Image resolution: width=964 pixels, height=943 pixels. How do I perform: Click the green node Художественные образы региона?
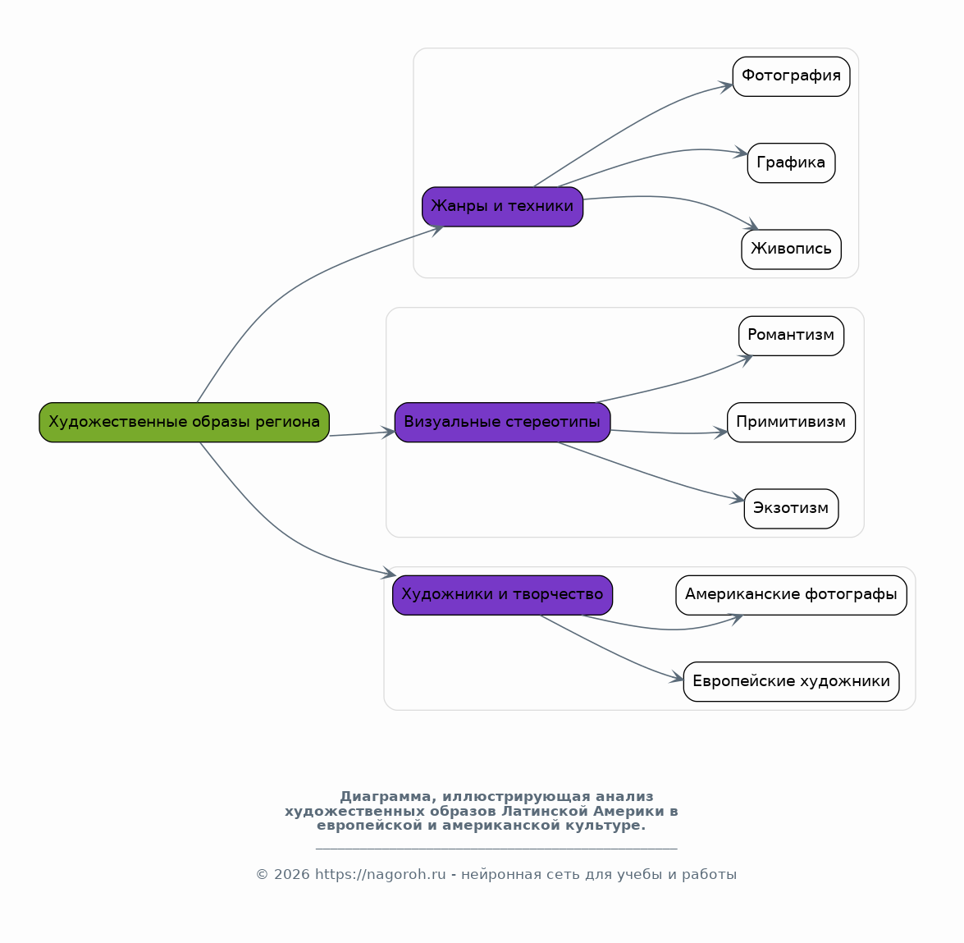pos(184,422)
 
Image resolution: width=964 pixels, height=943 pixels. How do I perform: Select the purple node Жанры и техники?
pos(502,207)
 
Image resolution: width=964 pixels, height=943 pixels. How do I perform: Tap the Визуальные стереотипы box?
pos(502,422)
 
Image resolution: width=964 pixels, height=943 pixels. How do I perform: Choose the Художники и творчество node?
pos(502,595)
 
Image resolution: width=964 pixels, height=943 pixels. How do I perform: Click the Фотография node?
pos(791,76)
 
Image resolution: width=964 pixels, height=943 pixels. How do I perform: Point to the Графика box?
pos(791,163)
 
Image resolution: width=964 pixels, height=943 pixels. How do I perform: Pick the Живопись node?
pos(791,249)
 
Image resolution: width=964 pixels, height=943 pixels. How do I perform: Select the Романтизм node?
pos(791,336)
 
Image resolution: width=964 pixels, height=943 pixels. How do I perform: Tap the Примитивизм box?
pos(791,422)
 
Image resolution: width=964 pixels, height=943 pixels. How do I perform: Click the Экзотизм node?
pos(791,509)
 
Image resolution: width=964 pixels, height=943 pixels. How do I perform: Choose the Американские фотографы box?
pos(791,595)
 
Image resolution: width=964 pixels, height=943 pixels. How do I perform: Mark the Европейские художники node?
pos(791,681)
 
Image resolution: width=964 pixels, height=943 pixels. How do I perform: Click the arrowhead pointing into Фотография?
pos(726,86)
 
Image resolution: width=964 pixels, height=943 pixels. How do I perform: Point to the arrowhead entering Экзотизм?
pos(737,499)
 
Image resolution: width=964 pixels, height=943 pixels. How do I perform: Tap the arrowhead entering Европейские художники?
pos(676,678)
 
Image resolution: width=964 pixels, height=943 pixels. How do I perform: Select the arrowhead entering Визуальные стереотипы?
pos(388,433)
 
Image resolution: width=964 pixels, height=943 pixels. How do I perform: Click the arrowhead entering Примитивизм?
pos(720,433)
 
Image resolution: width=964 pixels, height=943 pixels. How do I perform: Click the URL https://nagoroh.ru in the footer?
pos(380,874)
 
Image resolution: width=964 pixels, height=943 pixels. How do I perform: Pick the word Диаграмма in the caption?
pos(386,797)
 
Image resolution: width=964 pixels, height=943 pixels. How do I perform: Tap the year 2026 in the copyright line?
pos(291,874)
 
